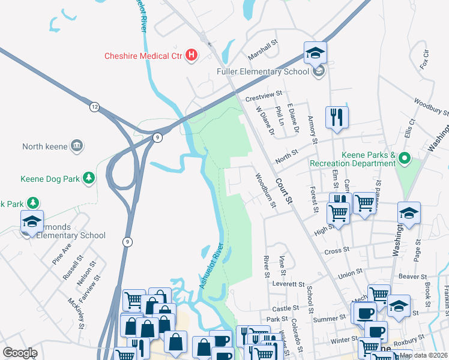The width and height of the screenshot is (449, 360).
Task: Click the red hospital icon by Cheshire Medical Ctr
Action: point(191,56)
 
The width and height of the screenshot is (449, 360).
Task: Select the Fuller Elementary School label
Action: point(262,72)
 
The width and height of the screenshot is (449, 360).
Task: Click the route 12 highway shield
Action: point(94,107)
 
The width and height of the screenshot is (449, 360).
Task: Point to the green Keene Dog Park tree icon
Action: point(89,178)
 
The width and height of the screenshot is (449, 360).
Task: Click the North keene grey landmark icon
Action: point(77,145)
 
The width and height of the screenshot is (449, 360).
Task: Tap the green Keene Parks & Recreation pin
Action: point(404,159)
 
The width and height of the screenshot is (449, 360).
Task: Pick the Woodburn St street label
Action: point(265,191)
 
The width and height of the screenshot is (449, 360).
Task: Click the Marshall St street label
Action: point(265,53)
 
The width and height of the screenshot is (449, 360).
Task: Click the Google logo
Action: point(20,353)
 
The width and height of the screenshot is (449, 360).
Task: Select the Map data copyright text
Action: point(422,355)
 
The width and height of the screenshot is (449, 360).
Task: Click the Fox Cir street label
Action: point(426,59)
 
